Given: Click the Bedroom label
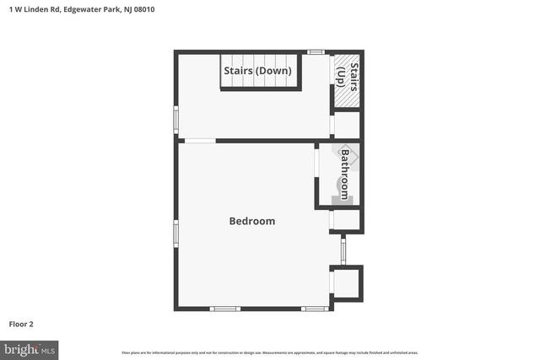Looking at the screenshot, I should coord(252,221).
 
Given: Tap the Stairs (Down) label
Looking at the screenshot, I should coord(257,71).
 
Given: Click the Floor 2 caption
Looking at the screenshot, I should coord(21,324).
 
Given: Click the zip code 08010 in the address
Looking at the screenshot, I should coord(143,9).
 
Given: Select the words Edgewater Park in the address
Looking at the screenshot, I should coord(98,9).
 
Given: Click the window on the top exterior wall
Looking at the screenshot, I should coord(316,52).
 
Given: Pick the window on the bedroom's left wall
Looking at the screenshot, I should coord(175,233).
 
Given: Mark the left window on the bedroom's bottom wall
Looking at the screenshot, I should coord(224,309).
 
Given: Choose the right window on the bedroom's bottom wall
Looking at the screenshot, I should coord(315,309).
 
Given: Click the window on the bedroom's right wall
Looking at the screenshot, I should coord(343,250).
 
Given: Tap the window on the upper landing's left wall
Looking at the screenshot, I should coord(175,119).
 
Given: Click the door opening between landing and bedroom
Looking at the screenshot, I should coord(200,140).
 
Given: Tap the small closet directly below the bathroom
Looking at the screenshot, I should coord(347,220).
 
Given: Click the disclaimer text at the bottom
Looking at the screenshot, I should coord(270,352).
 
